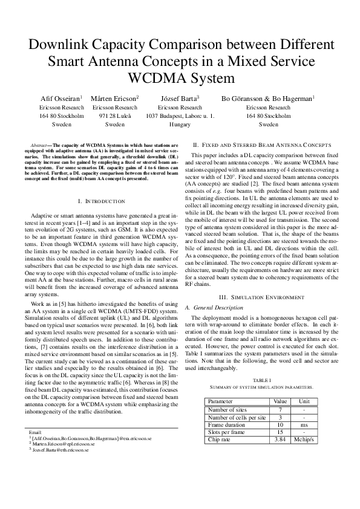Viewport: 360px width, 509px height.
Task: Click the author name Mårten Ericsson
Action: (114, 97)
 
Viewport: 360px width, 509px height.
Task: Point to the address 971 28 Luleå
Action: (114, 115)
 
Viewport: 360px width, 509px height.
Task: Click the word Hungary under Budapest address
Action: (180, 124)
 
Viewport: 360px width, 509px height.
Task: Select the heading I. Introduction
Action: (102, 201)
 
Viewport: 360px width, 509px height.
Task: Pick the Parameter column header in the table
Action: (220, 401)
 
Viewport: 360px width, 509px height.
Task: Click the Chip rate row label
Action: (221, 439)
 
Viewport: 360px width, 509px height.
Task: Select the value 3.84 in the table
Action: (280, 439)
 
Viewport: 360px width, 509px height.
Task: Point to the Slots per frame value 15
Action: (280, 432)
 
